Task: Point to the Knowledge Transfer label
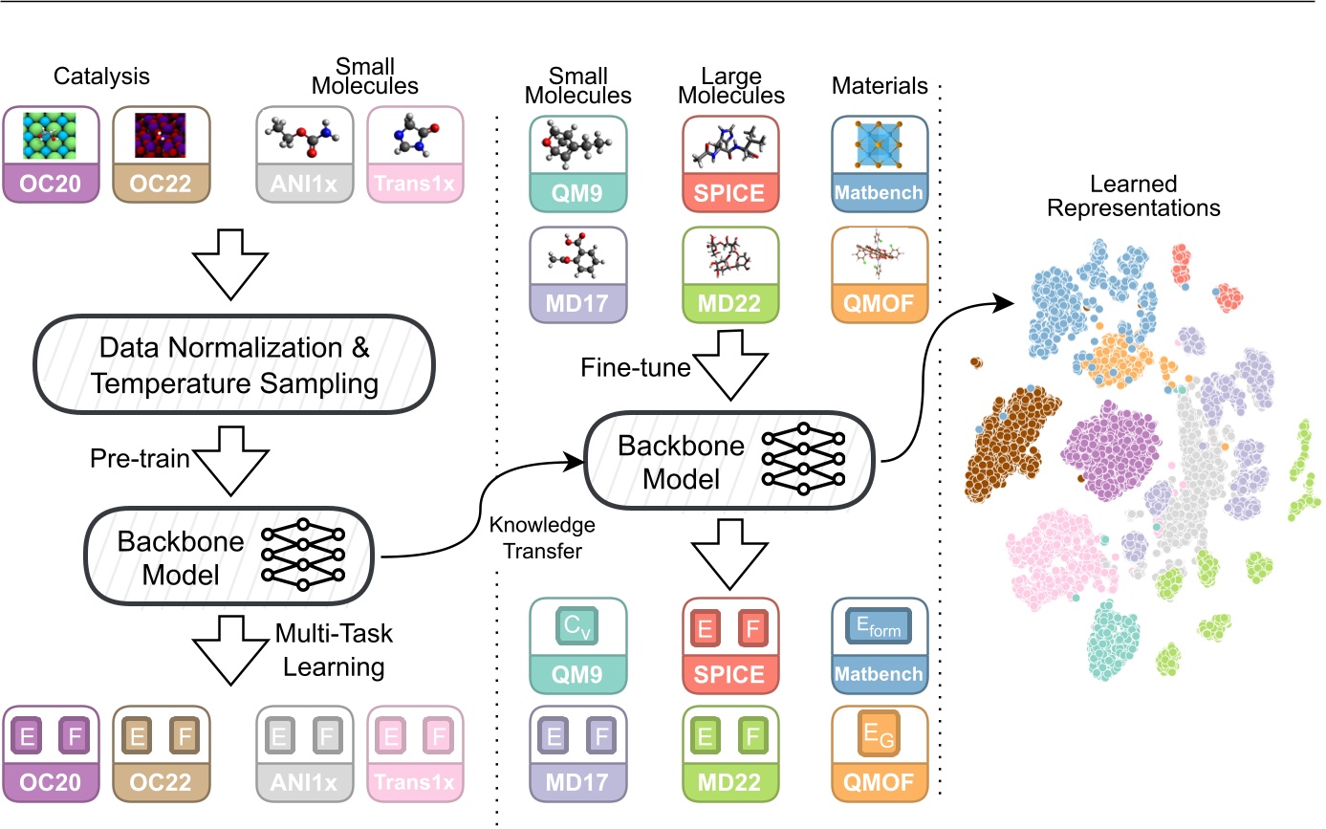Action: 541,537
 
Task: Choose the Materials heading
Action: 880,86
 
